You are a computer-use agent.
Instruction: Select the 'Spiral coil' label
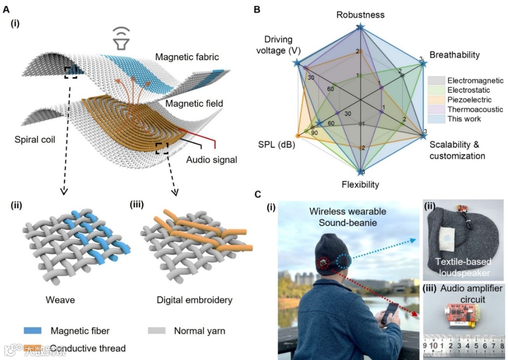coord(35,140)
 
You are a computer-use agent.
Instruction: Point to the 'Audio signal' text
coord(211,160)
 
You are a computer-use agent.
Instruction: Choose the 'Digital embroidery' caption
coord(192,299)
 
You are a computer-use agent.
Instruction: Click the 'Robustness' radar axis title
coord(360,15)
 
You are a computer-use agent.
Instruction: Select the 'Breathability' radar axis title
coord(455,55)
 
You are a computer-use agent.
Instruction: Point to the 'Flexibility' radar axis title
coord(360,184)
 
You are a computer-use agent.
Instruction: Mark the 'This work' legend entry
coord(464,119)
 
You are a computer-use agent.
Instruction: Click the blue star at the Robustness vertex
coord(360,27)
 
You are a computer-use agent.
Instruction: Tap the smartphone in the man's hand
coord(390,312)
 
